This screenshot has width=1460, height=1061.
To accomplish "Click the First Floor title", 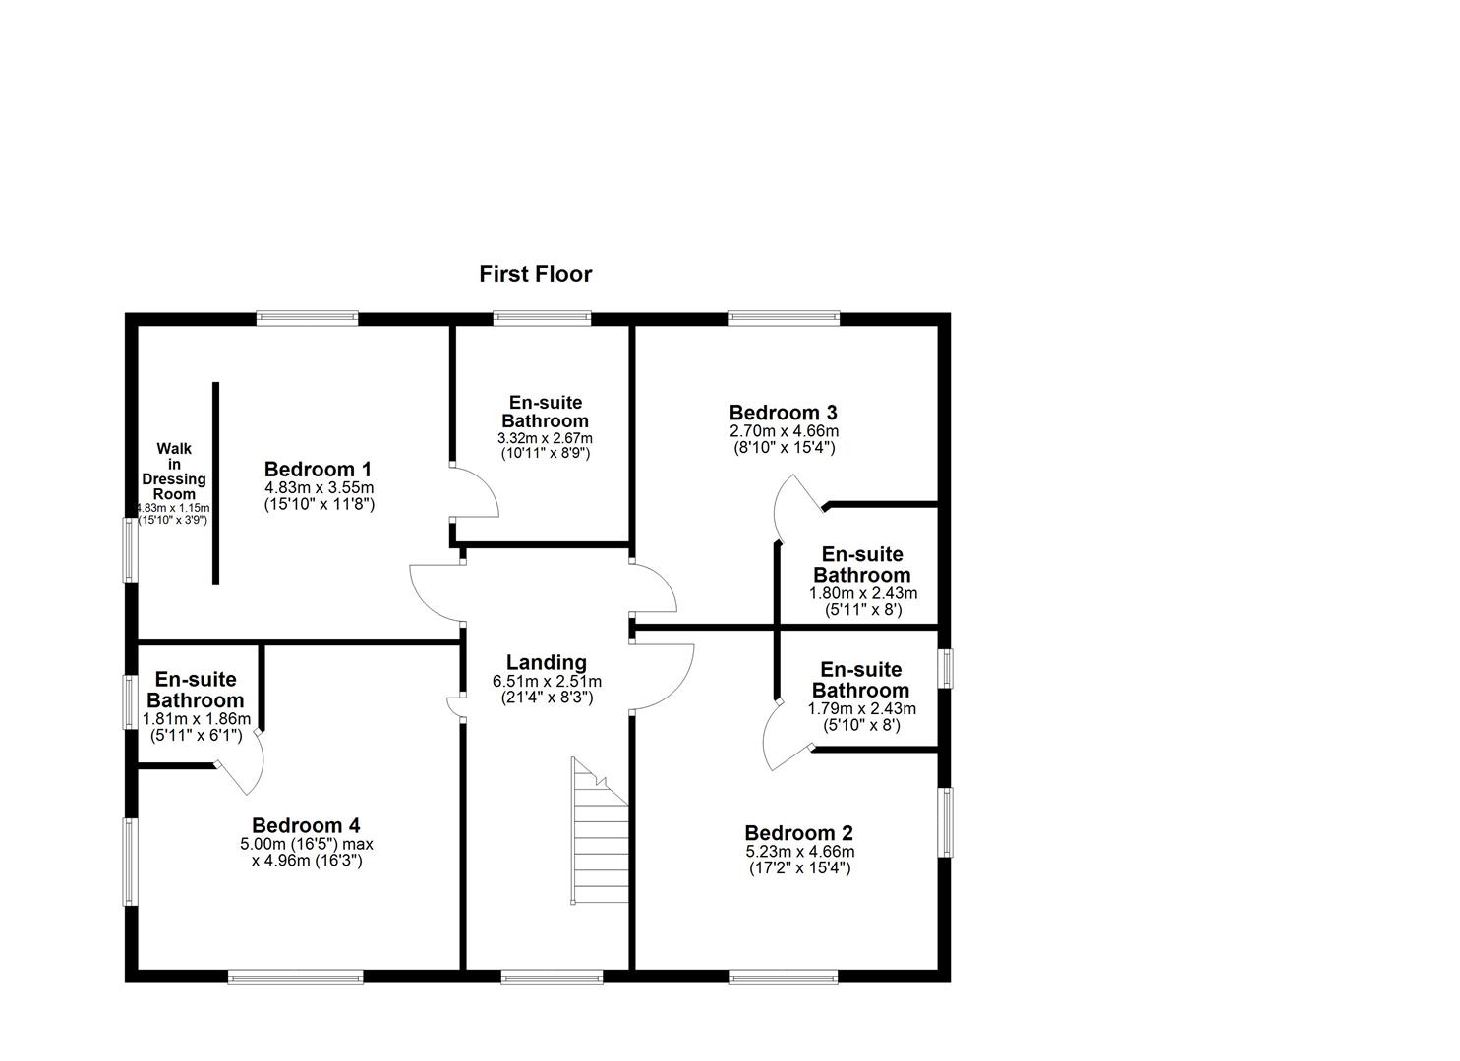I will pos(536,274).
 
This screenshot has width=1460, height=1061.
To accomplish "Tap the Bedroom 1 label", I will pos(319,470).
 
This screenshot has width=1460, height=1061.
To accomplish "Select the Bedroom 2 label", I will pos(798,834).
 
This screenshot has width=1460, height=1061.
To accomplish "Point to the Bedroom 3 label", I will pos(783,413).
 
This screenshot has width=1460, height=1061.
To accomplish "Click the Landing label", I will pos(546,663).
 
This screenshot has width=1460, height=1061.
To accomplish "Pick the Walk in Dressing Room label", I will pos(174,471).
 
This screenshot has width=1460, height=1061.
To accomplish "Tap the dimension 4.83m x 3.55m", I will pos(320,487).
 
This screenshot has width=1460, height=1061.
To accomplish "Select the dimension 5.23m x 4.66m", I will pos(799,852).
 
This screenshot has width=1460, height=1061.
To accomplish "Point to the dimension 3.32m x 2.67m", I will pos(545,438).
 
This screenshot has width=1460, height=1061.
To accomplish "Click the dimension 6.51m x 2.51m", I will pos(547,682).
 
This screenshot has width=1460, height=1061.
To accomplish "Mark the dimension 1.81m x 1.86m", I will pos(197,719).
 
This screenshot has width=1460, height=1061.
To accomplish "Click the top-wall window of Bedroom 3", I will pos(784,318).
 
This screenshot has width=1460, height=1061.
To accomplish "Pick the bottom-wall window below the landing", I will pos(552,977).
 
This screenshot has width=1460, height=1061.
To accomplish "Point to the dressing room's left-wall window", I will pos(130,549).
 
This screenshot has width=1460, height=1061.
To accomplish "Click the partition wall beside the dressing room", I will pos(216,483).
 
